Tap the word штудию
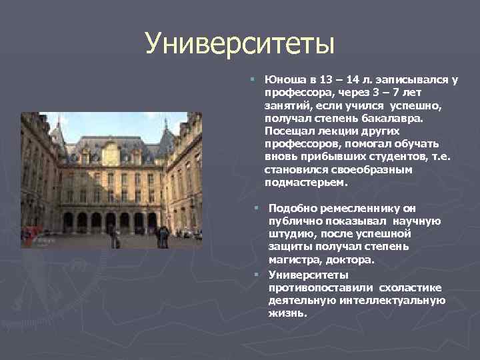(289, 234)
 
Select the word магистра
(295, 260)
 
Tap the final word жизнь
(287, 313)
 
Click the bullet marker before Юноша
(253, 79)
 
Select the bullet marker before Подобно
(257, 208)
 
